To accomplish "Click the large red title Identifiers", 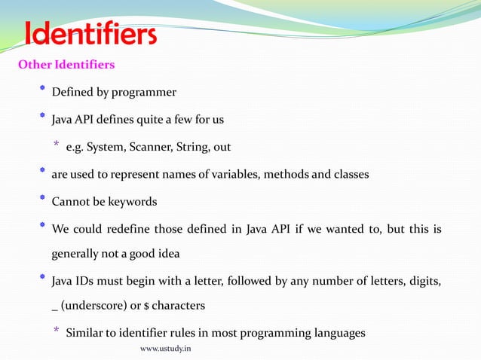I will click(90, 35).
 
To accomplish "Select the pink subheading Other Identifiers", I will click(66, 65).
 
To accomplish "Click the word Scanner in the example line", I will click(151, 147).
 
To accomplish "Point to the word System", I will click(106, 147).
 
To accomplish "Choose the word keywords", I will click(135, 203).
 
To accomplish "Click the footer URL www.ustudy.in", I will click(166, 349).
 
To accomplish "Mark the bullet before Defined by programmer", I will click(42, 91).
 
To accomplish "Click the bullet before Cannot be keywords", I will click(42, 201).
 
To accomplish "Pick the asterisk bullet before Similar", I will click(56, 332).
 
